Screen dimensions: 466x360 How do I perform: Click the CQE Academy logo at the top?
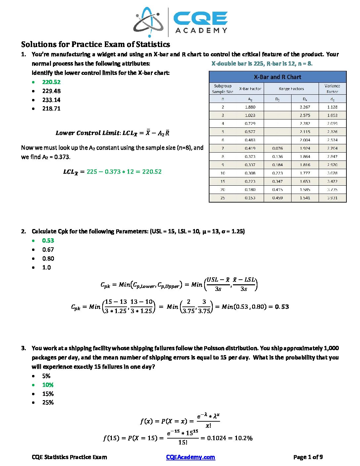tap(180, 22)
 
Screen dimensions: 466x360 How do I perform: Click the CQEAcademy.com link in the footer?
tap(190, 457)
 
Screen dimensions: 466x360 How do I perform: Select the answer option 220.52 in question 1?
tap(51, 82)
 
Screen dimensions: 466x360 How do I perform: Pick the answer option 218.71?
tap(51, 109)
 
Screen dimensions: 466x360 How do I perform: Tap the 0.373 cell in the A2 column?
tap(250, 157)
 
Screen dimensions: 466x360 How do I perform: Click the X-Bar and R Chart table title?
tap(277, 77)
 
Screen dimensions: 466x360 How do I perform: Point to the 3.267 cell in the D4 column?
tap(305, 107)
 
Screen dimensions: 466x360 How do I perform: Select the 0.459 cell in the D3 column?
tap(277, 198)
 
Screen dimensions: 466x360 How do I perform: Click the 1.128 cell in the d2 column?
tap(332, 107)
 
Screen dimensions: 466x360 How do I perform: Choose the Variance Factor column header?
tap(332, 88)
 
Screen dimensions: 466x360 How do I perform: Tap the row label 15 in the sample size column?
tap(223, 181)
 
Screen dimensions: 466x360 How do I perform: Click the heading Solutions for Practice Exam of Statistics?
tap(96, 44)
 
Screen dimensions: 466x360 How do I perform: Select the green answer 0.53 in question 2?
tap(48, 241)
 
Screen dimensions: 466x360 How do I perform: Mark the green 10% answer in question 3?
tap(48, 385)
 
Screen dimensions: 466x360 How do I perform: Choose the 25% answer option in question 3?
tap(48, 402)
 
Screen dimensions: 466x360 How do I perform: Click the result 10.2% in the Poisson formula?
tap(243, 438)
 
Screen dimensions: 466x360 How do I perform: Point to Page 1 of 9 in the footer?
tap(308, 457)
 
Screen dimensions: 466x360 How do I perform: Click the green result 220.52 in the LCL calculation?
tap(152, 172)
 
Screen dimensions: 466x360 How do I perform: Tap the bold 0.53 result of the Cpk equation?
tap(282, 307)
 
